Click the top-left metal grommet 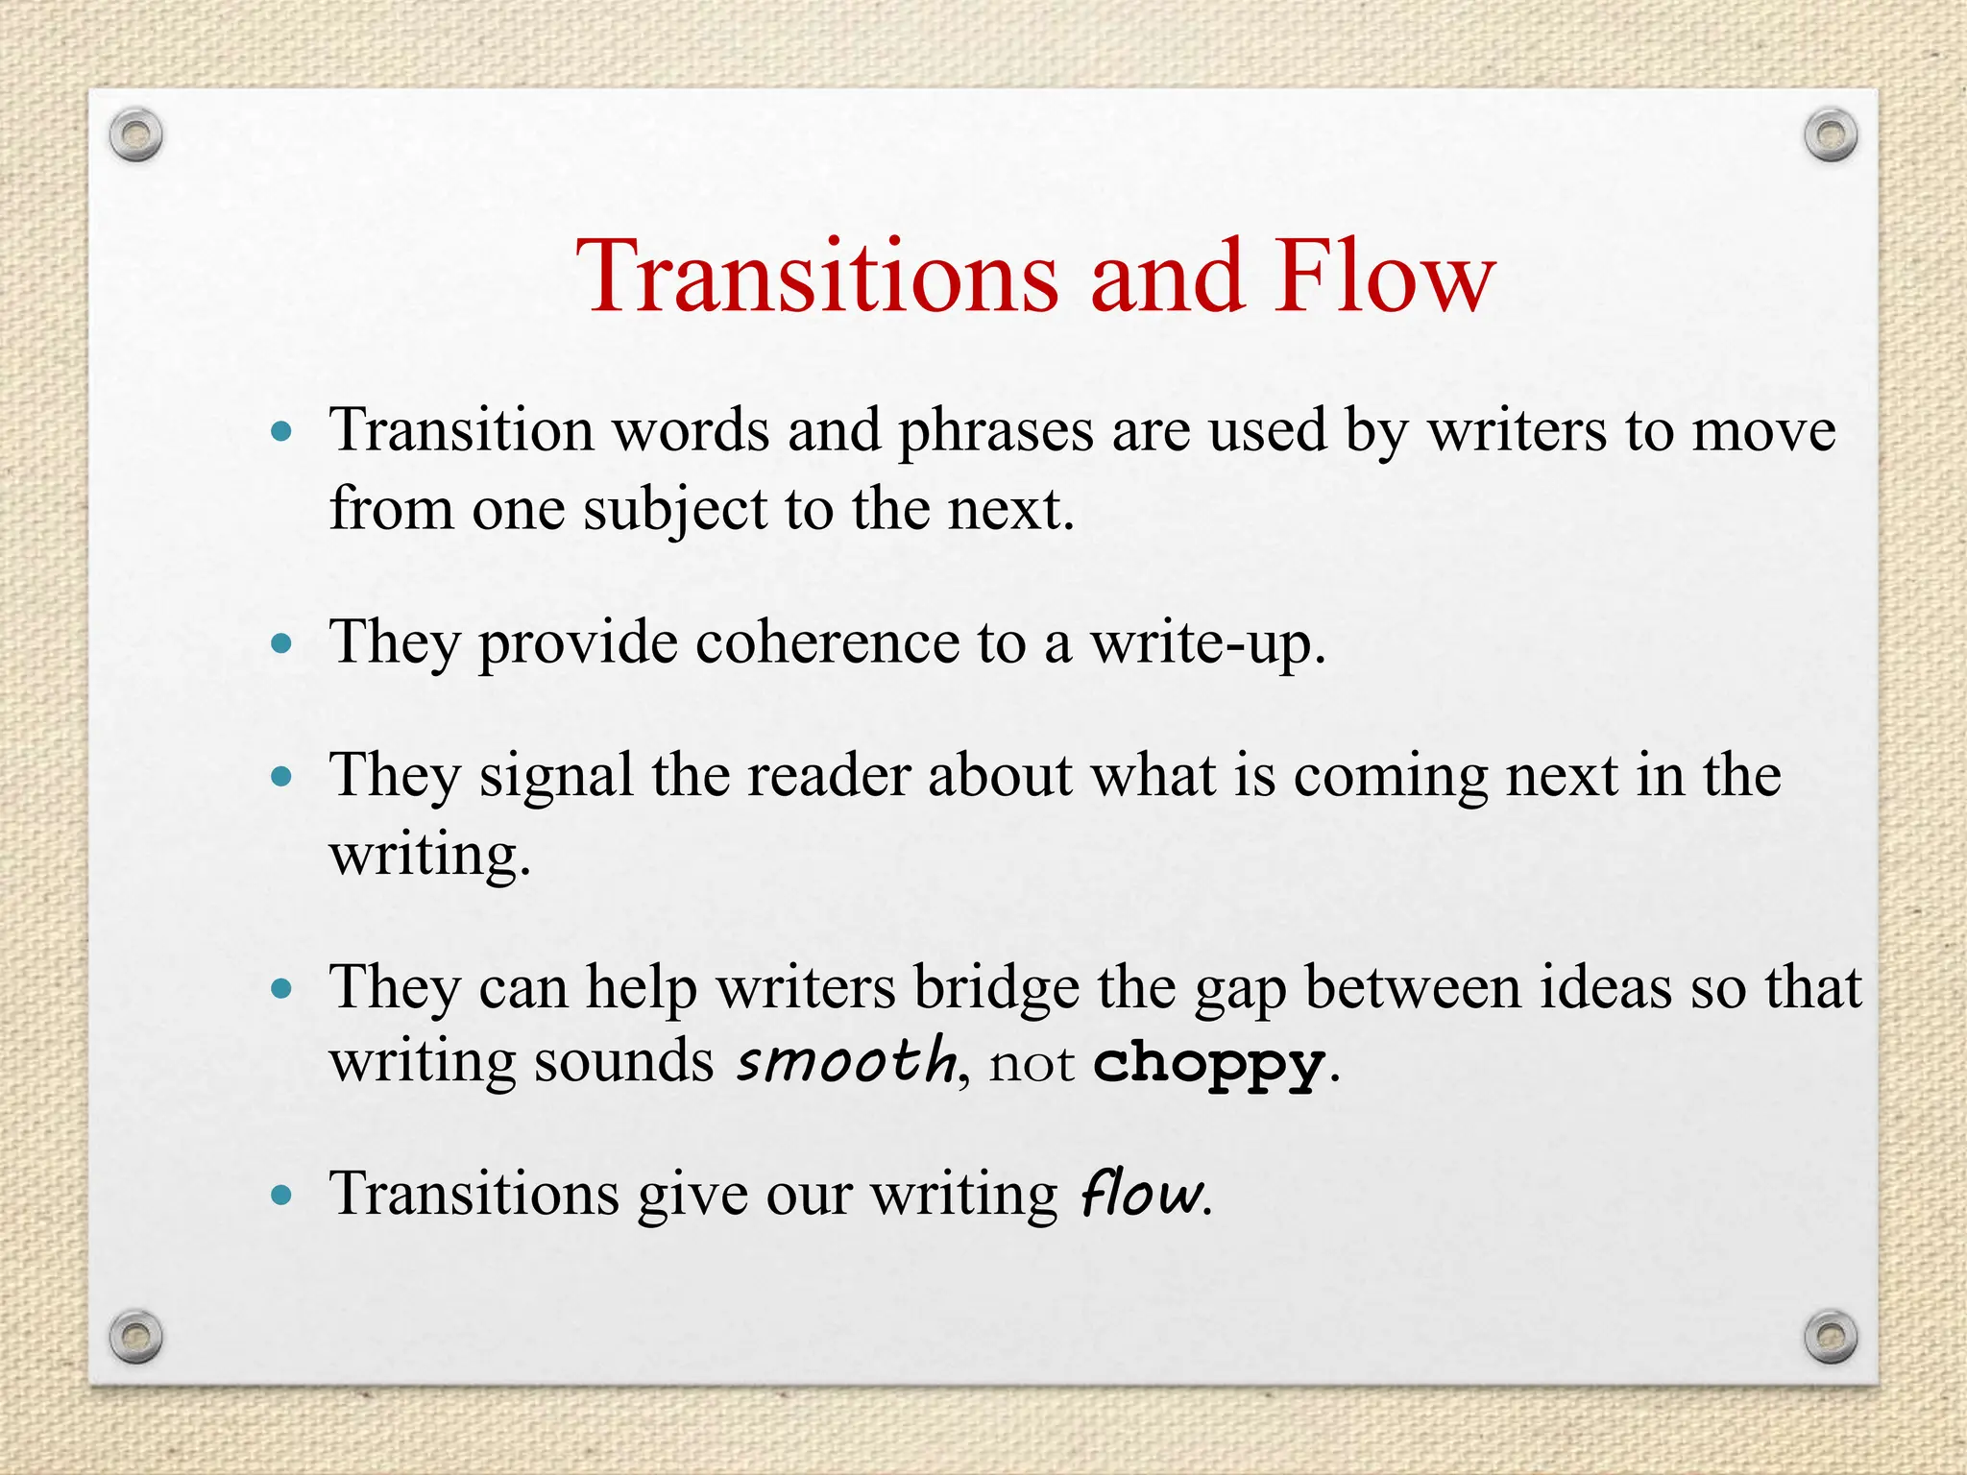(135, 136)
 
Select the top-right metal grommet (1831, 135)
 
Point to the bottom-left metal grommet (135, 1336)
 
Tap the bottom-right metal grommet (1831, 1337)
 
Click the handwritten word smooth (846, 1062)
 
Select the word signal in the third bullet (556, 776)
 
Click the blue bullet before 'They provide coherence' (281, 642)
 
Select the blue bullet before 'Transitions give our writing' (281, 1196)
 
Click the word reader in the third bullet (828, 775)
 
